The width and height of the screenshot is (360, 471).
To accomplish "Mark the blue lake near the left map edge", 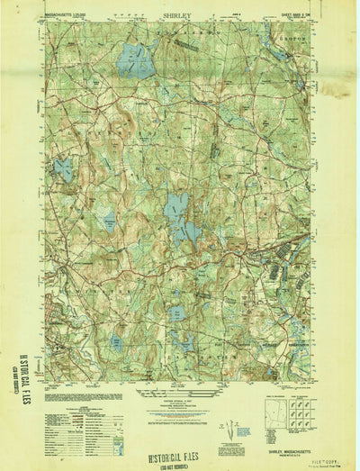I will [x=62, y=167].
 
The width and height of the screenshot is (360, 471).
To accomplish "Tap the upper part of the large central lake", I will [x=176, y=203].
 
